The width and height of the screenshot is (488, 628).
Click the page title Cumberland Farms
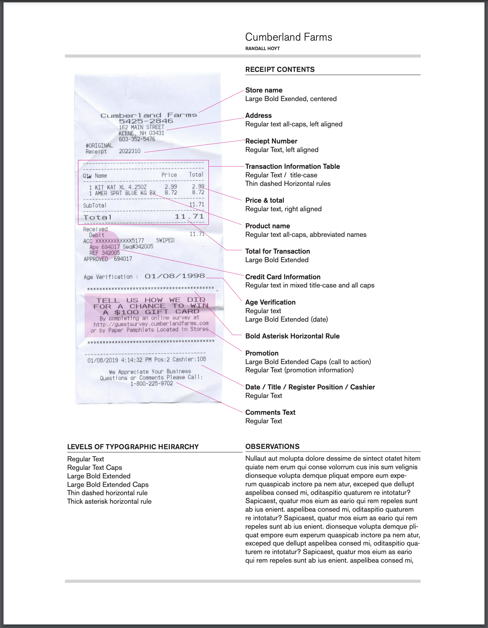(x=288, y=37)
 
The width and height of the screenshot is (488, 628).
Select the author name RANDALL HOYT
(x=262, y=49)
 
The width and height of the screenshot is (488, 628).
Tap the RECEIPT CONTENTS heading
(x=280, y=70)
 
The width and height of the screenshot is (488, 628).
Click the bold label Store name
(x=264, y=90)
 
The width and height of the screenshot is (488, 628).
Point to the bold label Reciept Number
(x=271, y=141)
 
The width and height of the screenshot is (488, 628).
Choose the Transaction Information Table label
(x=292, y=166)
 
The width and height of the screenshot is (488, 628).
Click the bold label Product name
(x=268, y=226)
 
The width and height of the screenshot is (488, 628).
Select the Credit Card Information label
(x=283, y=277)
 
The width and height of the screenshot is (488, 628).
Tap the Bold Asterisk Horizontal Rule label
(x=292, y=336)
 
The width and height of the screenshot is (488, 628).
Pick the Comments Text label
(x=270, y=412)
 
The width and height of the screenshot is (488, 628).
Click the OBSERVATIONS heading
(x=272, y=447)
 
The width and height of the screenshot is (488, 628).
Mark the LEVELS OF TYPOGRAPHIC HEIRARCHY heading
(x=133, y=447)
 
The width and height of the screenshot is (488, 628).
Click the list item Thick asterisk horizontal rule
(x=109, y=501)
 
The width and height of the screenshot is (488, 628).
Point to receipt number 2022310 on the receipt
(x=130, y=151)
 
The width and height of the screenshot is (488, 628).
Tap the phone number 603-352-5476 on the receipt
(x=137, y=139)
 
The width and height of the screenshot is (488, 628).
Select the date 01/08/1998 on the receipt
(x=174, y=276)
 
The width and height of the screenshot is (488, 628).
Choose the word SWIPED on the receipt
(x=165, y=240)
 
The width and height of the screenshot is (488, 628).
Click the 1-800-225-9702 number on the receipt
(x=151, y=384)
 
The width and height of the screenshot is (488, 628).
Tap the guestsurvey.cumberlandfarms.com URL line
(x=151, y=324)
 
